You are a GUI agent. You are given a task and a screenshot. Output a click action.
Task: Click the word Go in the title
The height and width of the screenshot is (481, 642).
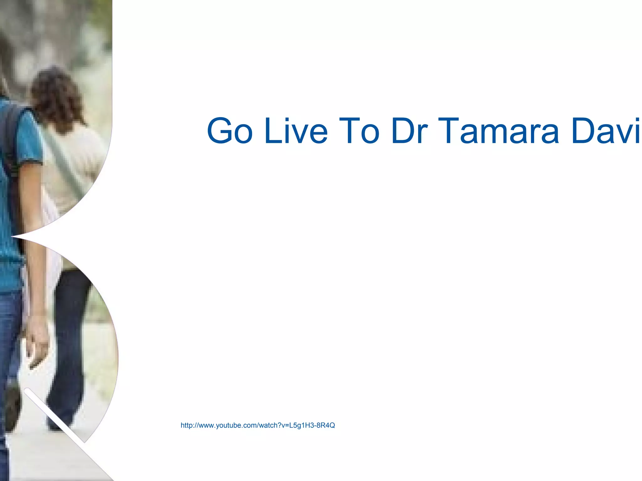pos(230,131)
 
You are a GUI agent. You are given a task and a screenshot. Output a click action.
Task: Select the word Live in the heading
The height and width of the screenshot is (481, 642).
pos(296,131)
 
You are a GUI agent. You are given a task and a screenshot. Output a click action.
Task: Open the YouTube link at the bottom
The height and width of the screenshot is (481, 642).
pos(258,425)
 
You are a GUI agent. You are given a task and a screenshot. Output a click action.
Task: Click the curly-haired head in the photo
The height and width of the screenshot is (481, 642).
pos(56,94)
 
